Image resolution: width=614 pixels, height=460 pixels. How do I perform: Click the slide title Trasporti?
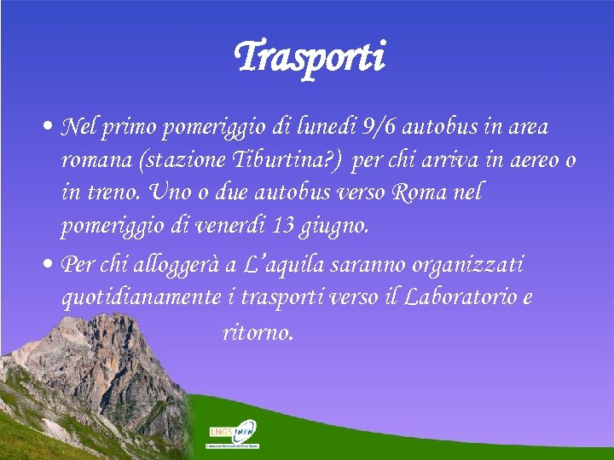[309, 58]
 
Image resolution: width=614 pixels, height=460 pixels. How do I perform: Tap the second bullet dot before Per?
[50, 265]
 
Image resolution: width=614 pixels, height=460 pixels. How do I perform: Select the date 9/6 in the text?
[377, 128]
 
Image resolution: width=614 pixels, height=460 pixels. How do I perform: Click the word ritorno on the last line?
[258, 331]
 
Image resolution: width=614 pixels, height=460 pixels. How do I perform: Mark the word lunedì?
[323, 128]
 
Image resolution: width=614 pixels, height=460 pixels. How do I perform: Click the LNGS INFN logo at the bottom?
[234, 433]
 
